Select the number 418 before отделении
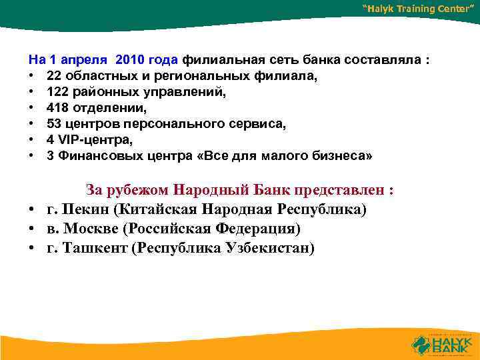(x=57, y=107)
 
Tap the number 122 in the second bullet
(x=57, y=92)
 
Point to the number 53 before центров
(x=53, y=123)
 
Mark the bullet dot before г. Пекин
(x=31, y=210)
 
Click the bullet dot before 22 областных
(x=31, y=76)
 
